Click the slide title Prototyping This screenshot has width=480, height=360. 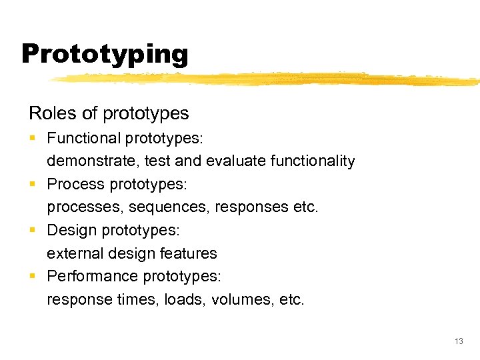[x=105, y=53]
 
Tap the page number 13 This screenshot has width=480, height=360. [x=458, y=341]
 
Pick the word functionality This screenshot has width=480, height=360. [x=312, y=161]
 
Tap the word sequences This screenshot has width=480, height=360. [x=169, y=207]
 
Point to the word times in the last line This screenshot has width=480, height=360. [x=132, y=299]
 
